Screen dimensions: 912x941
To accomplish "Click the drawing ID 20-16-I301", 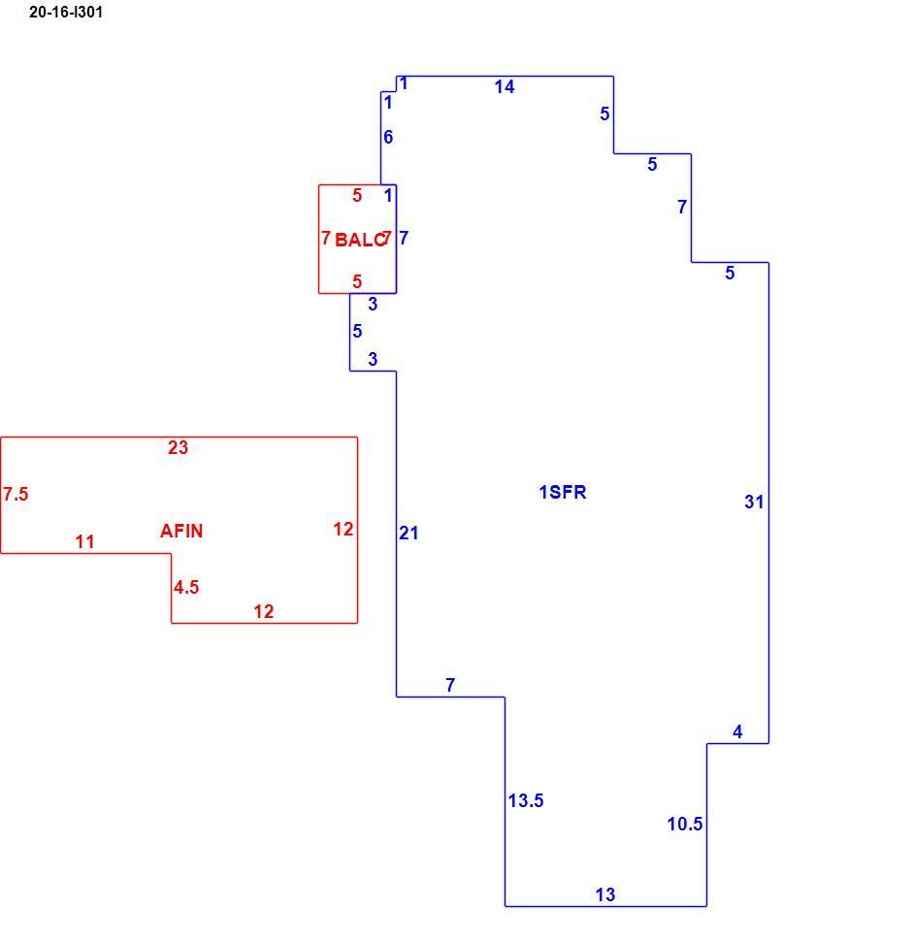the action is click(x=66, y=12).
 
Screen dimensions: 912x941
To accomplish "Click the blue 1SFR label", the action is click(x=562, y=492).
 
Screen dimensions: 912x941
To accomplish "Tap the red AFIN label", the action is click(x=181, y=531).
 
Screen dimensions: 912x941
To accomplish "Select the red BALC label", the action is click(x=360, y=240).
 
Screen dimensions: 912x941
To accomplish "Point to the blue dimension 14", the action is click(x=504, y=87).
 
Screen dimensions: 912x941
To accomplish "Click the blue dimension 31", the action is click(x=754, y=502).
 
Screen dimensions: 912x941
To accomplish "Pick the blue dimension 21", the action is click(x=408, y=533).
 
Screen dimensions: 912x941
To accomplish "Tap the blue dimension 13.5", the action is click(x=526, y=800).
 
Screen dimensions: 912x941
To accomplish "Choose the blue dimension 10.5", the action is click(x=685, y=824).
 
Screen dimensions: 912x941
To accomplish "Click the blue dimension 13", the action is click(x=604, y=894).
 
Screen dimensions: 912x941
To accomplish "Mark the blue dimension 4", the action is click(x=737, y=731).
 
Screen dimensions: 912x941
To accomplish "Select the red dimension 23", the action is click(x=178, y=447).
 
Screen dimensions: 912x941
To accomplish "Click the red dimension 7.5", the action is click(x=16, y=494).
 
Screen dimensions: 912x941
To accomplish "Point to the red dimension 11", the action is click(x=84, y=542).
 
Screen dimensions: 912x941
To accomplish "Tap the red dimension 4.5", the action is click(x=186, y=587).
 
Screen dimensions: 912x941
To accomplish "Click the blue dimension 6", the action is click(x=388, y=137).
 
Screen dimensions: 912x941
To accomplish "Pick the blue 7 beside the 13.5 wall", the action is click(x=450, y=685).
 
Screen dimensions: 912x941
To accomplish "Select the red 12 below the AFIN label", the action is click(x=263, y=611).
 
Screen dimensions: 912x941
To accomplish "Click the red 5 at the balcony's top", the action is click(x=357, y=195).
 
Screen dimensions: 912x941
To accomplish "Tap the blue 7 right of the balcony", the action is click(x=404, y=238).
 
